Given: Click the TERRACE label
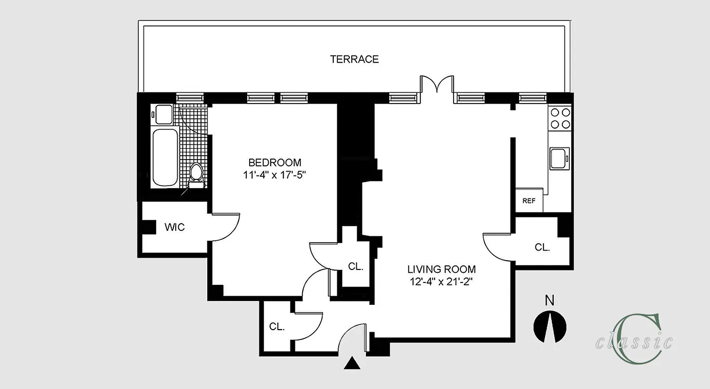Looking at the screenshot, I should [354, 59].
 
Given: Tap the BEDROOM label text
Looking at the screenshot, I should [274, 162].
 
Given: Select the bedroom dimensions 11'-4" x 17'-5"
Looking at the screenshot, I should [274, 175].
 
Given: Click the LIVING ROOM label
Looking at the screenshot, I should [441, 269].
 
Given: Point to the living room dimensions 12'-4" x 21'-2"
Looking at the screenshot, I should [441, 282].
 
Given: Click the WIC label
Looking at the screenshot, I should [174, 227].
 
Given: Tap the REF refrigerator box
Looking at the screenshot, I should [529, 200].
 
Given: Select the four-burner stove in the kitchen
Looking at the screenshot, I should [560, 118].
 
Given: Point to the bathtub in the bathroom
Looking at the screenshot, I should [165, 157].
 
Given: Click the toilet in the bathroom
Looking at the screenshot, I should [196, 175].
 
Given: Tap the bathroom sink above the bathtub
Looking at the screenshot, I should [162, 115].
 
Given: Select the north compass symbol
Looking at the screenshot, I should [550, 327].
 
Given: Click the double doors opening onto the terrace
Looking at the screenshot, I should [437, 85].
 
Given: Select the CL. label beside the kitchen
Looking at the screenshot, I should [542, 247].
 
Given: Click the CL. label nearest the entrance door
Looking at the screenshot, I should [277, 327].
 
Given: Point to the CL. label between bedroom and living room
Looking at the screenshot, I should [356, 266].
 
